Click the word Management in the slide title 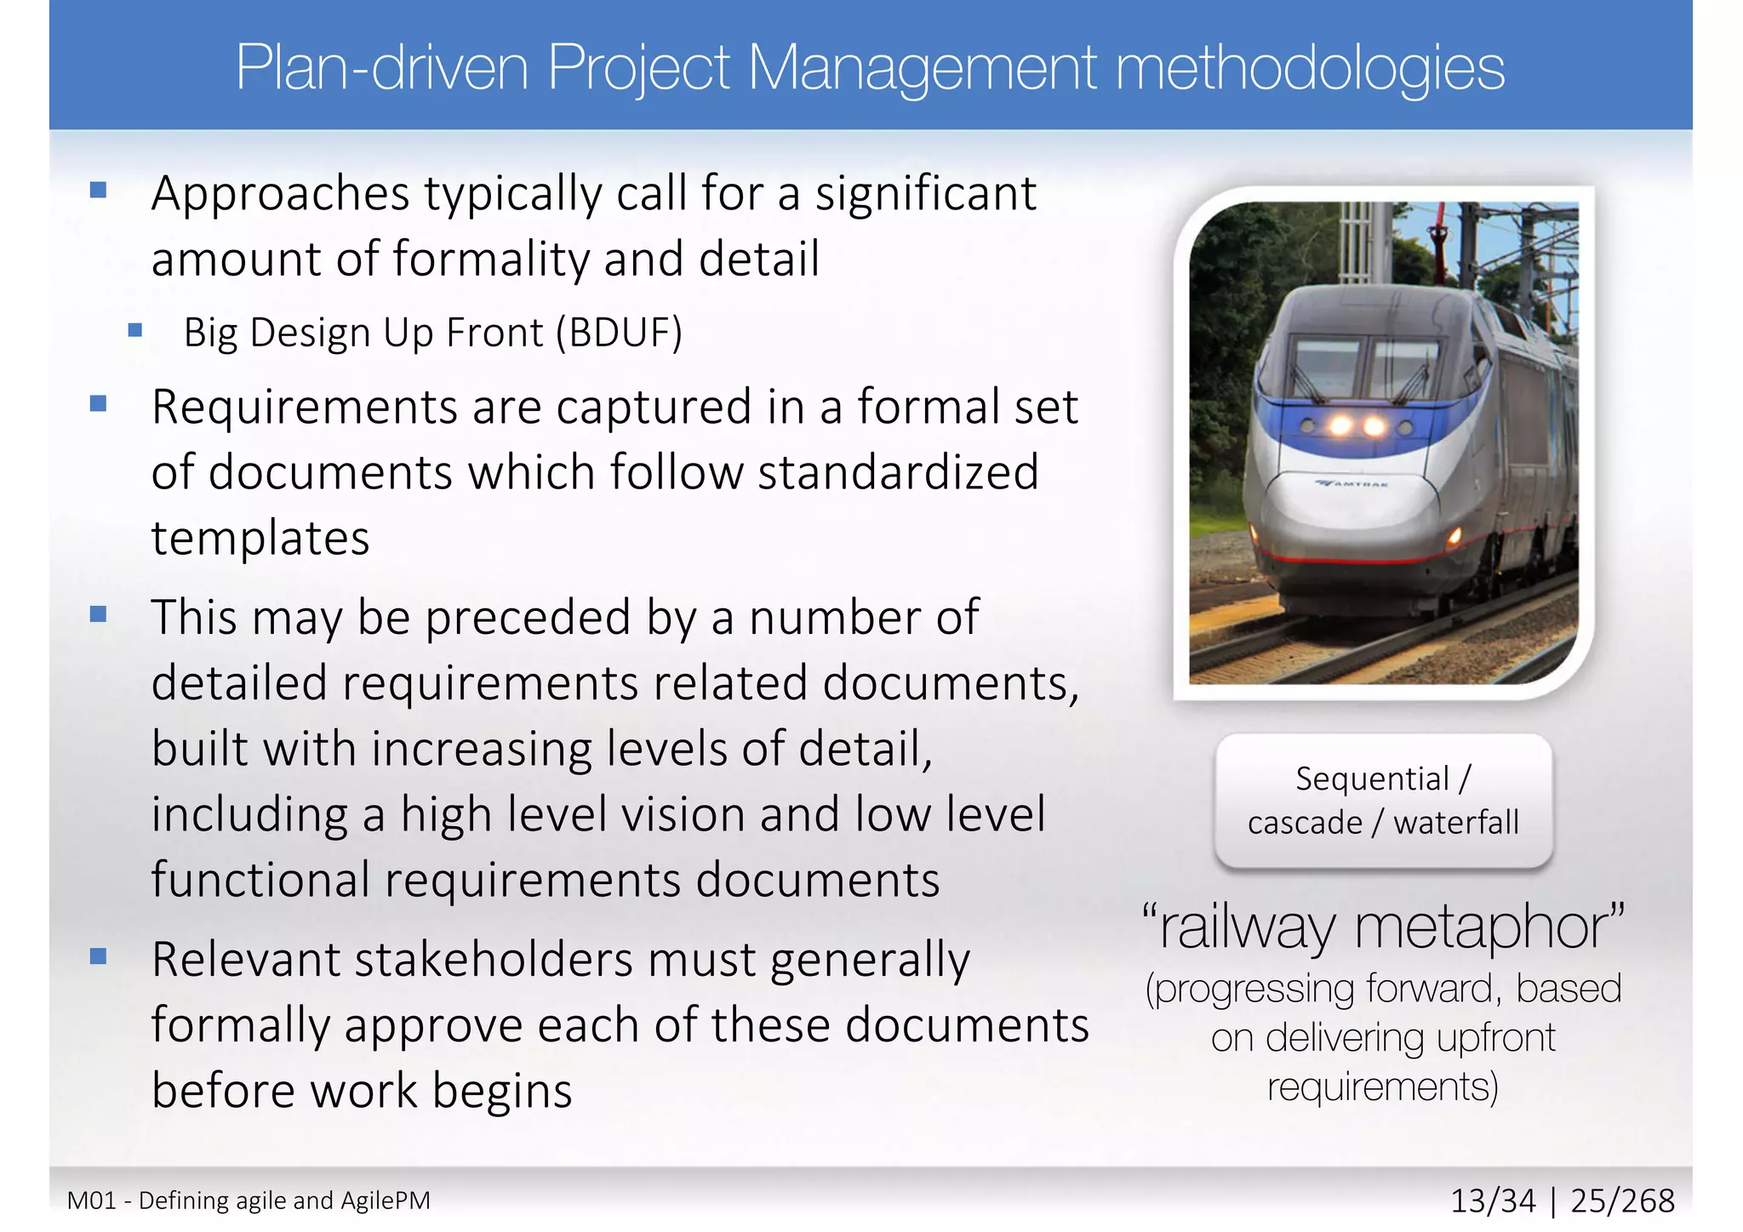(923, 68)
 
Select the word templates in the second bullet (260, 538)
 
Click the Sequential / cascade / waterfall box (1384, 801)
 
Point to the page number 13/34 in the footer (1493, 1201)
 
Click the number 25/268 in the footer (1622, 1201)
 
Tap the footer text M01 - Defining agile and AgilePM (249, 1201)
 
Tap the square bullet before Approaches (99, 190)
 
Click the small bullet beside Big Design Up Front (134, 329)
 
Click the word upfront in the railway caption (1495, 1038)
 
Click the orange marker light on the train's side (1454, 535)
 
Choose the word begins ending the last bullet (502, 1091)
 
